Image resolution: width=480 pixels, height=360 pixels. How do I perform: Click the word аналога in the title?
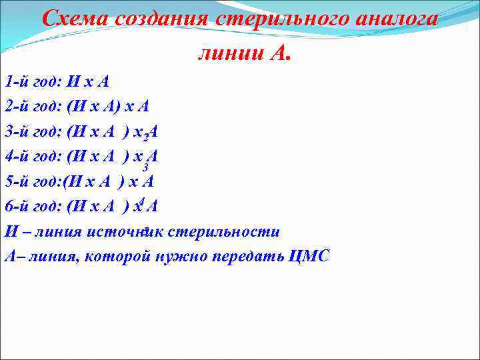pyautogui.click(x=399, y=18)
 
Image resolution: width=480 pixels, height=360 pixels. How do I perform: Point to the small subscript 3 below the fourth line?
pyautogui.click(x=145, y=167)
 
